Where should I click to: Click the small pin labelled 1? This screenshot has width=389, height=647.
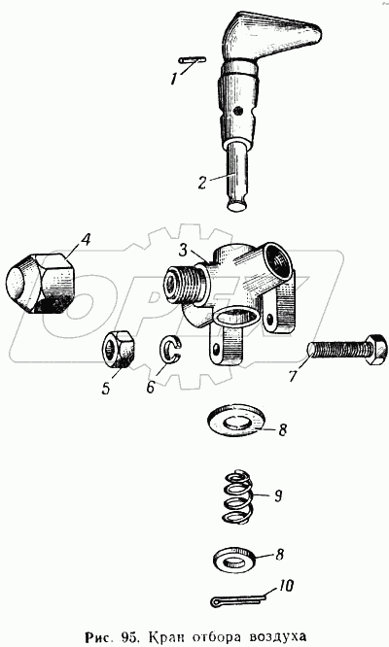click(x=193, y=60)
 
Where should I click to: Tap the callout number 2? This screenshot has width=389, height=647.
click(x=202, y=183)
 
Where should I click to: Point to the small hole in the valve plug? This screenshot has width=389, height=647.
click(x=237, y=111)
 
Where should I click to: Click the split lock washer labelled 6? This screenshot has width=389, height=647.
click(x=169, y=351)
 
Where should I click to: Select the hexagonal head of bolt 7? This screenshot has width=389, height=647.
click(x=376, y=350)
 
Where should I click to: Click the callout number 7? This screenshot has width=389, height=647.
click(x=293, y=377)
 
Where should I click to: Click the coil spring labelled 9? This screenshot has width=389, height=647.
click(x=238, y=495)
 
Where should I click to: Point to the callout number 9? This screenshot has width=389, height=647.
click(x=278, y=496)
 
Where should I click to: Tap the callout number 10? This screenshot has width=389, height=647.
click(x=285, y=586)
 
